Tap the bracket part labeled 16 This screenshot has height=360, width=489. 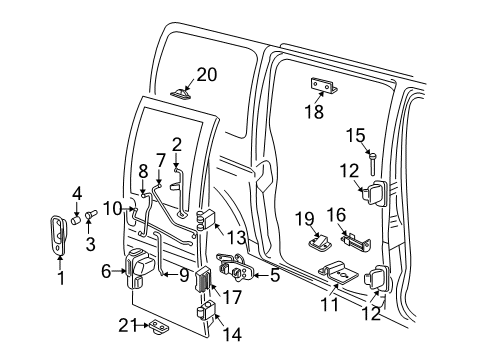point(359,241)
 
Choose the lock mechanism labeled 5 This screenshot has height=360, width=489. point(242,271)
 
